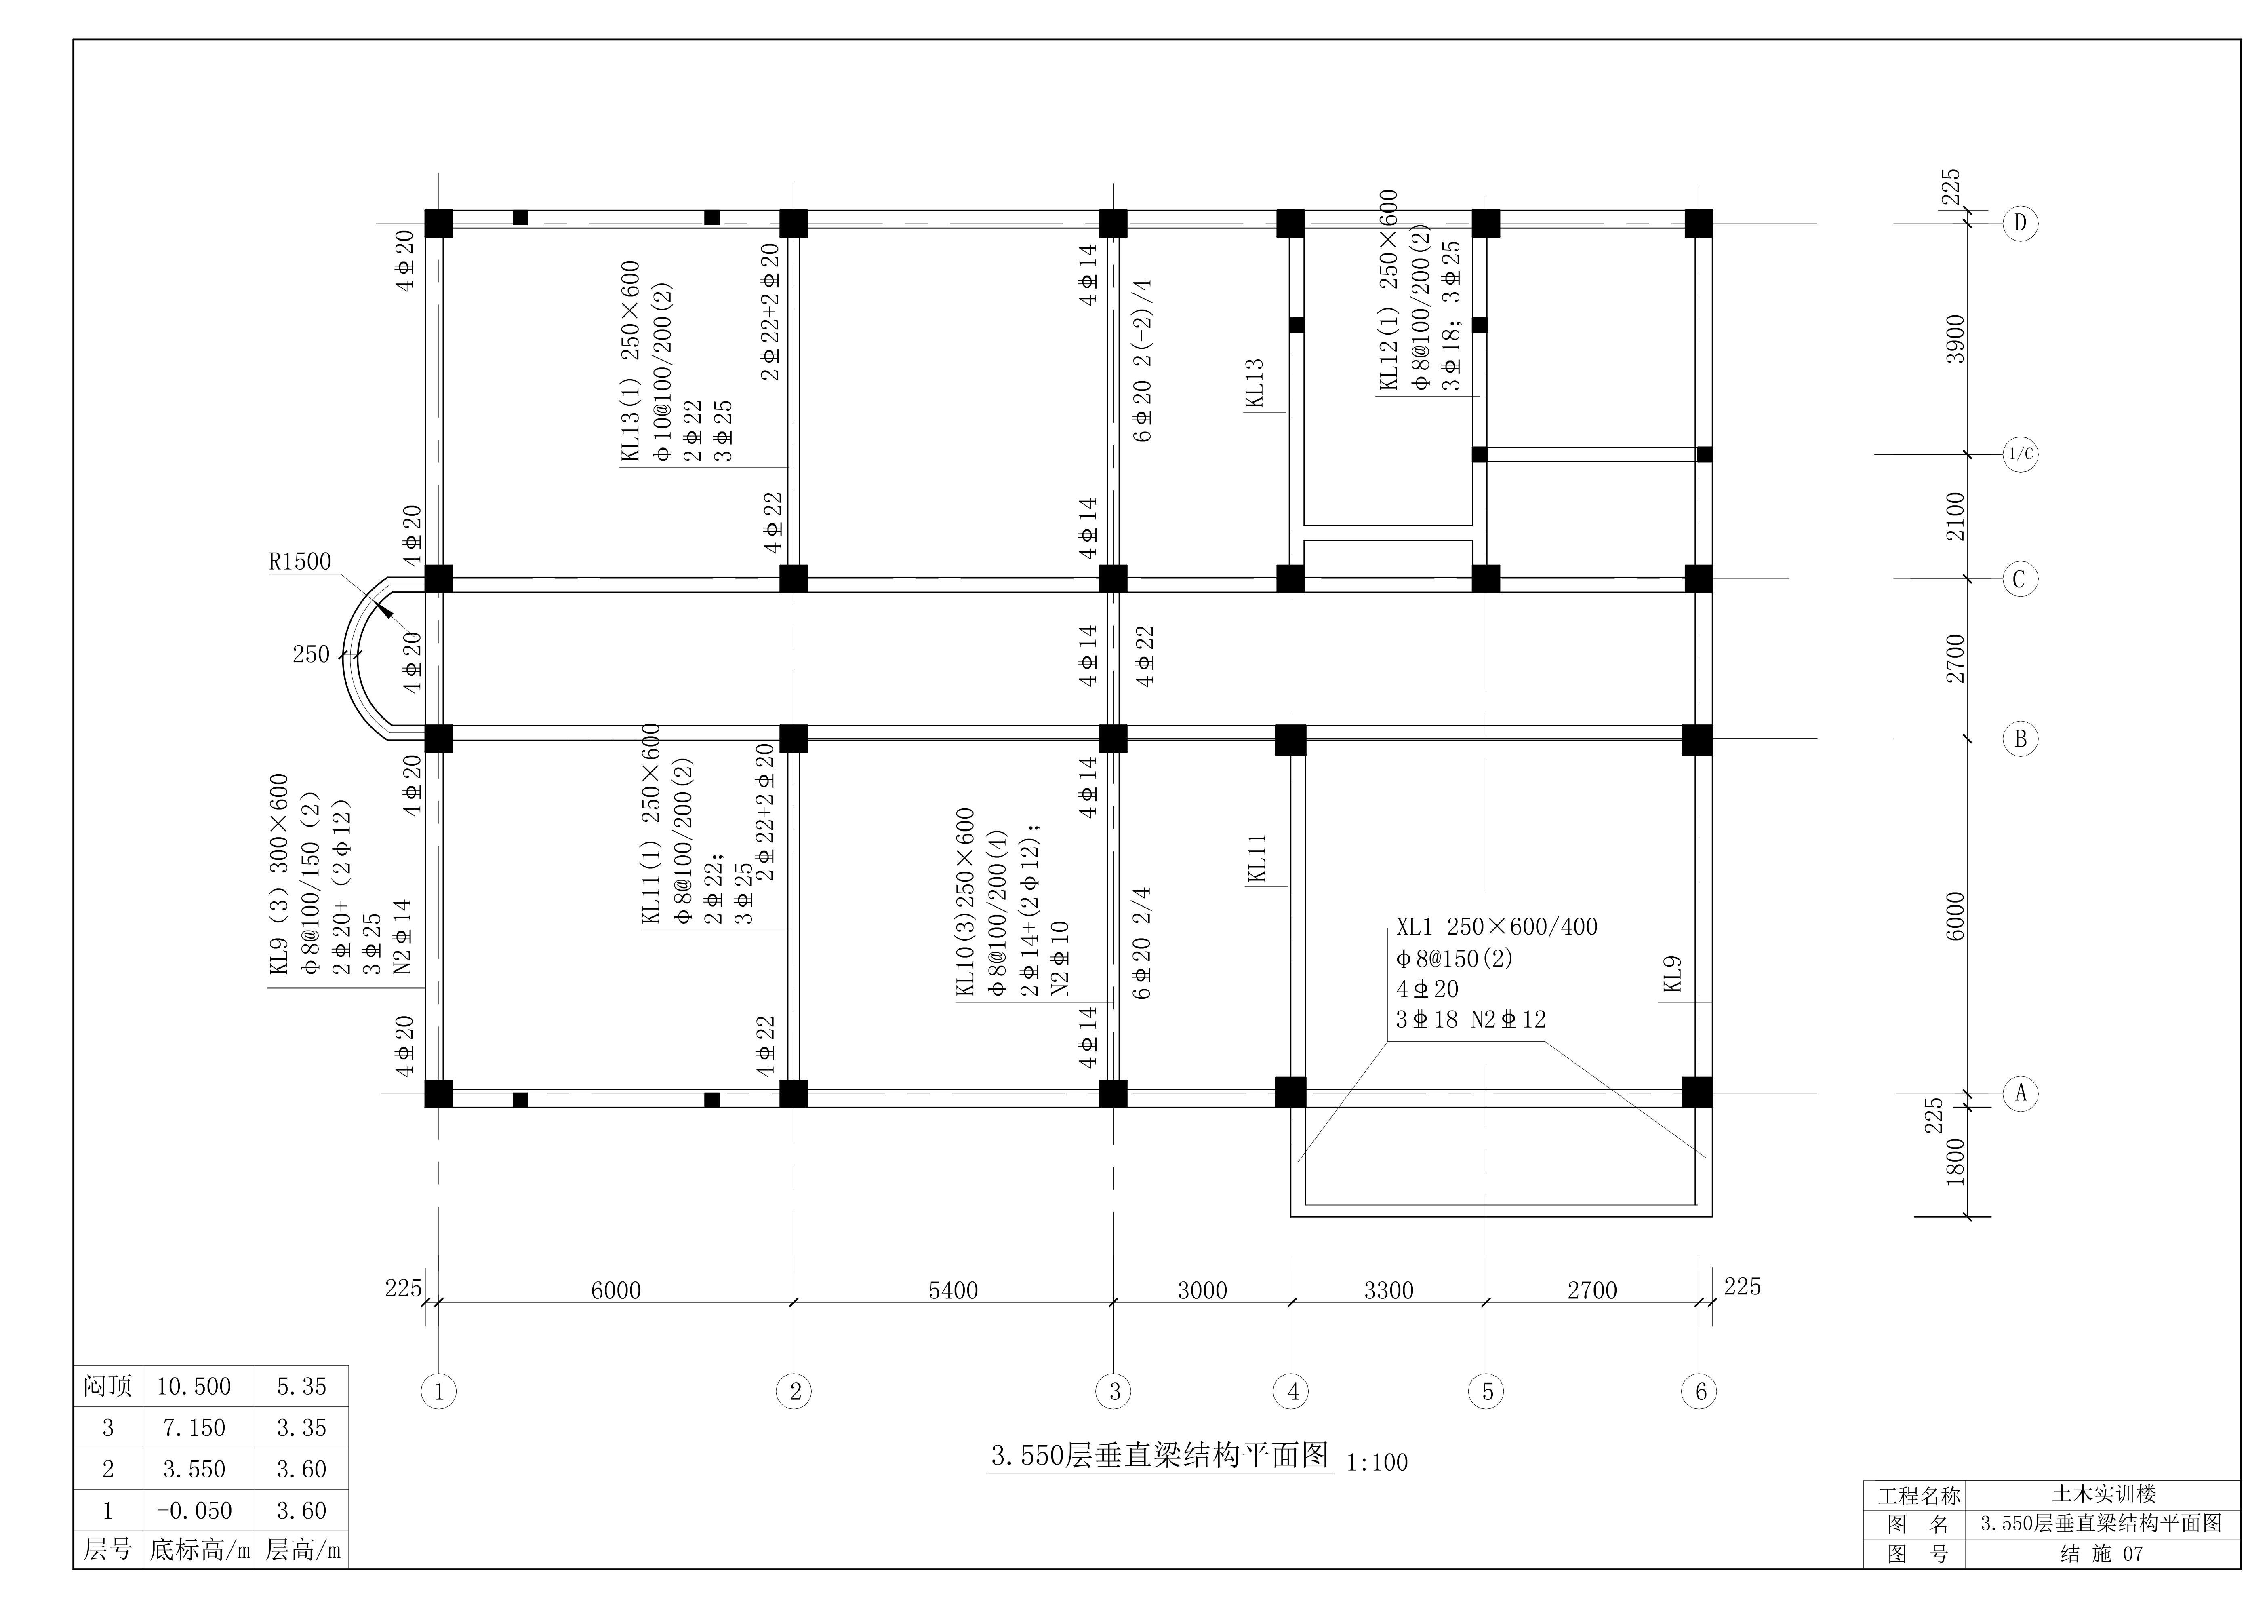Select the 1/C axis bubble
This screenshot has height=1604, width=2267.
pos(2020,454)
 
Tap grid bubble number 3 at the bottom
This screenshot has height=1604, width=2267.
pos(1114,1392)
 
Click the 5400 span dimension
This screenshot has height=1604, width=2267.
pos(953,1290)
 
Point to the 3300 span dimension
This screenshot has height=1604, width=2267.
pos(1388,1290)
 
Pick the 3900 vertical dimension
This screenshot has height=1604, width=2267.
pos(1955,339)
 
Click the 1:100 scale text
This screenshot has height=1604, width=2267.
pos(1377,1462)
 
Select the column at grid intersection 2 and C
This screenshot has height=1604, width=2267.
pos(794,579)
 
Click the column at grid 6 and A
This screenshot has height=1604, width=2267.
pos(1697,1092)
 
